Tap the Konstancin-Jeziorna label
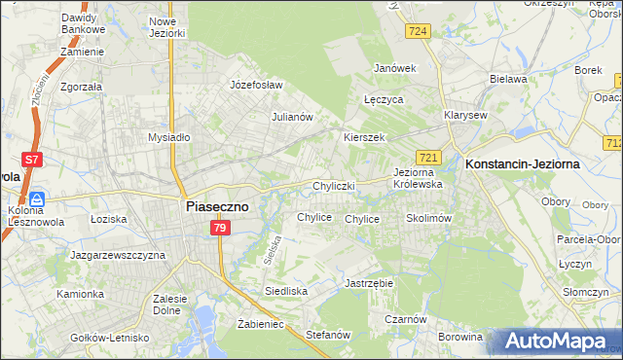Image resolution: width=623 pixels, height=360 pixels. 523,164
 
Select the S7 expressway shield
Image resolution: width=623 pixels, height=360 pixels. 32,160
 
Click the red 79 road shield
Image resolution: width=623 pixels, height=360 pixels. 220,228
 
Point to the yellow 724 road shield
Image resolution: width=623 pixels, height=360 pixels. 419,32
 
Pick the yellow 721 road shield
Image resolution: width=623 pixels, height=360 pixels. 429,157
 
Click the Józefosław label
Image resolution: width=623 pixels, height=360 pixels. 256,85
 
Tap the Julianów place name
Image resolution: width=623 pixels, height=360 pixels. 291,117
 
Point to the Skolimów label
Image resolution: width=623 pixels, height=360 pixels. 428,219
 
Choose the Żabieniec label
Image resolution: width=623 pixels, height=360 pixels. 260,324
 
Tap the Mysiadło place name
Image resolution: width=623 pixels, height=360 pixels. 168,137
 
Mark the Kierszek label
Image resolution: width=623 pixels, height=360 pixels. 365,137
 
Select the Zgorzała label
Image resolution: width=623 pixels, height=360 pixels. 82,85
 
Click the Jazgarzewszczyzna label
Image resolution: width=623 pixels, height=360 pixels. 118,255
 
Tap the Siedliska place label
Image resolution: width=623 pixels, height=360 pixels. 286,291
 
